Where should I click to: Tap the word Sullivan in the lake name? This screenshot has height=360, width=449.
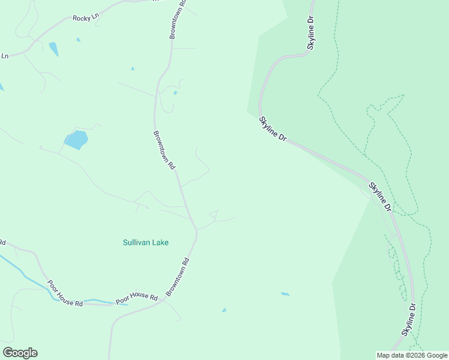pos(137,242)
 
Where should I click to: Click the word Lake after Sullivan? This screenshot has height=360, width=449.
pos(160,242)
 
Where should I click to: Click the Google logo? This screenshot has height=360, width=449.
pos(20,353)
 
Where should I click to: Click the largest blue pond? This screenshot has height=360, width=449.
pos(76,140)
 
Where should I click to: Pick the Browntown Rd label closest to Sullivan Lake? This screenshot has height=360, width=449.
pos(178,277)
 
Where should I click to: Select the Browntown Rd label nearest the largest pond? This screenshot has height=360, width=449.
pos(164,149)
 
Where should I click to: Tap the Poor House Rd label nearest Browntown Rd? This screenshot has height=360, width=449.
pos(136,298)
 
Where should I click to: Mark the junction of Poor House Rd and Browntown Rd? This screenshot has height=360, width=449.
pos(162,301)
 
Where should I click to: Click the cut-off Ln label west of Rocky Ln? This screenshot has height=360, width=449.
pos(4,56)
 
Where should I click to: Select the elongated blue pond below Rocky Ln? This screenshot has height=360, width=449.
pos(53,49)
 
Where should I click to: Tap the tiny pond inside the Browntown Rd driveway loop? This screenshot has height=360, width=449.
pos(175,93)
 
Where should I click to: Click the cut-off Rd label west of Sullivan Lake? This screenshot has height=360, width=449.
pos(2,243)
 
